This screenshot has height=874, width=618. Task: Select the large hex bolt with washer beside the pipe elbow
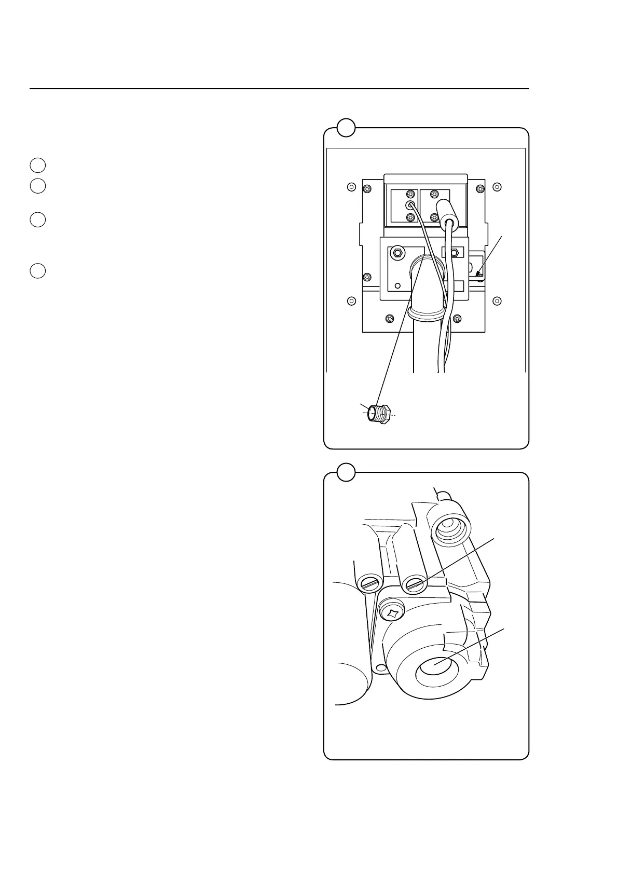(x=397, y=253)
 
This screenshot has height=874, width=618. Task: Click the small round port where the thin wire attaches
(x=409, y=205)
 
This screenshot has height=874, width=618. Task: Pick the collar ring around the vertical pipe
(x=425, y=313)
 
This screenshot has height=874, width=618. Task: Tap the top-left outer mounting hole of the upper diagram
(x=351, y=186)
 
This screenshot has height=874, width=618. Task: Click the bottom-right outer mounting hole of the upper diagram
(x=497, y=301)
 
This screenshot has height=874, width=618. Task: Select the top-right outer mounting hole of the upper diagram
(x=497, y=186)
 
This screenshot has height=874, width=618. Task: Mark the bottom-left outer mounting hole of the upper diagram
(x=351, y=301)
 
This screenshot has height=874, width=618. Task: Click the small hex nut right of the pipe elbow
(x=454, y=253)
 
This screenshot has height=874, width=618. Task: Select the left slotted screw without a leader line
(x=369, y=584)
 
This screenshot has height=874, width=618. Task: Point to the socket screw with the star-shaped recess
(x=392, y=613)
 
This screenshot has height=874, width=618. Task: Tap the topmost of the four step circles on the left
(x=37, y=165)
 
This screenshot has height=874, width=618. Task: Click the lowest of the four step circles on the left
(x=37, y=271)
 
